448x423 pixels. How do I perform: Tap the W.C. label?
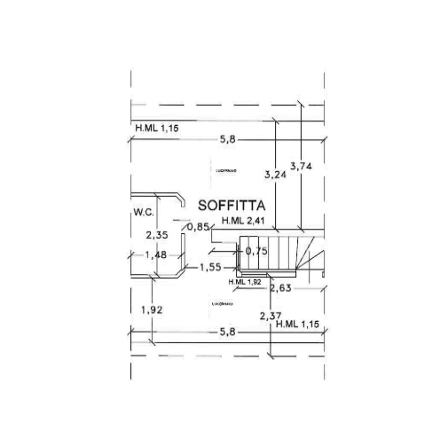[144, 213]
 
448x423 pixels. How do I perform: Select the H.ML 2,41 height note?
[244, 221]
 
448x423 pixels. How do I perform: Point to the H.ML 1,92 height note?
[245, 282]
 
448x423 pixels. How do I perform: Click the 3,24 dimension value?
[276, 175]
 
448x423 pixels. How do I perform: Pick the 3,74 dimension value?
[302, 166]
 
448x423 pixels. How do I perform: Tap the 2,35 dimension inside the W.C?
[157, 235]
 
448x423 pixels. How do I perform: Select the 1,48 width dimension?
[156, 255]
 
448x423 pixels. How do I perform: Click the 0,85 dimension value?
[198, 227]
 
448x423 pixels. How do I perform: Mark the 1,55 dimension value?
[210, 267]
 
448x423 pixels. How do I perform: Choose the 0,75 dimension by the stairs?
[256, 251]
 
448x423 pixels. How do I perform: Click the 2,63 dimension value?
[280, 288]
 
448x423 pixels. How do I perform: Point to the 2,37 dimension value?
[271, 316]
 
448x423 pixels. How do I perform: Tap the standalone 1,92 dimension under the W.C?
[153, 309]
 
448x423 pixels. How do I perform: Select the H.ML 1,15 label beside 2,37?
[298, 325]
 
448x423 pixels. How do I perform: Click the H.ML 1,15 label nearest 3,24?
[157, 129]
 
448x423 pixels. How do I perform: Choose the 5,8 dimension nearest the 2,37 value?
[227, 332]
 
